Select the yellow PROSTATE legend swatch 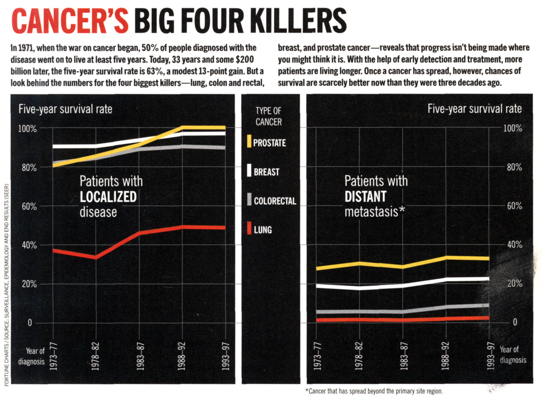[249, 141]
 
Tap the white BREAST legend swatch [249, 170]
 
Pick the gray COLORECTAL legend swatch [249, 199]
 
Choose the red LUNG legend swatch [249, 228]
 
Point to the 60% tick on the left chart [29, 206]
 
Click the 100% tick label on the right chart [513, 128]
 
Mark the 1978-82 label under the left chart [96, 356]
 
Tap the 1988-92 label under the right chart [445, 356]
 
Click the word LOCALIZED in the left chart [108, 197]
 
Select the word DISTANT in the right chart [365, 197]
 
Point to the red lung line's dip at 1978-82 [96, 257]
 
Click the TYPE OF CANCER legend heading [269, 116]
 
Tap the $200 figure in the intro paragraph [244, 59]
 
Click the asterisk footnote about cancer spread [374, 391]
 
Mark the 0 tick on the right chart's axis [515, 322]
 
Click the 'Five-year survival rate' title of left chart [65, 109]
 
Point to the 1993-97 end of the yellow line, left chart [224, 128]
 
